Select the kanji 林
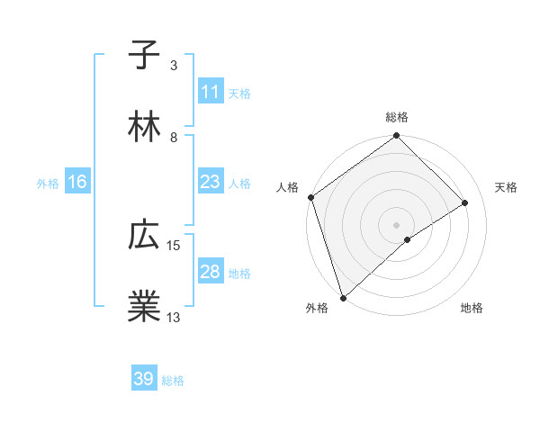(x=144, y=127)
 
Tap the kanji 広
(x=144, y=236)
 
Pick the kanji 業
(x=144, y=307)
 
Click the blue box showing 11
(x=211, y=92)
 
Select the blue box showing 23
(x=211, y=182)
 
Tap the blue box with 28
(x=211, y=272)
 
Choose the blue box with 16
(x=77, y=182)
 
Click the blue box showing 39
(x=144, y=379)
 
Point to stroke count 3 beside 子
(x=174, y=66)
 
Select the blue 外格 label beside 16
(x=48, y=183)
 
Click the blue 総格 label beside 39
(x=173, y=381)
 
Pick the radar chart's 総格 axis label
(x=397, y=117)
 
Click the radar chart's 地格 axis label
(x=472, y=309)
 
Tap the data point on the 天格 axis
(x=465, y=202)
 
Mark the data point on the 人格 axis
(x=310, y=197)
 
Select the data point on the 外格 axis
(x=342, y=297)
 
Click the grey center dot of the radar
(x=397, y=224)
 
